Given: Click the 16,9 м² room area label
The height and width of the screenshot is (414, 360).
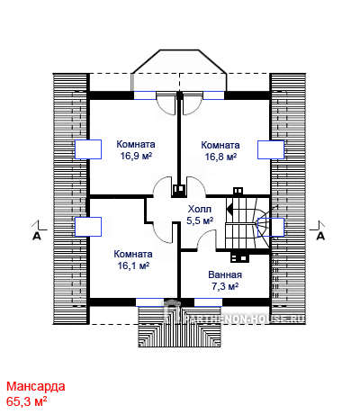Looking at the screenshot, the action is [136, 157].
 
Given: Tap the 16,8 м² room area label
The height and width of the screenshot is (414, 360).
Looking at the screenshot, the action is [220, 157].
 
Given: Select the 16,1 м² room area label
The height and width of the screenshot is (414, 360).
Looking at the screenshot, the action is [133, 265].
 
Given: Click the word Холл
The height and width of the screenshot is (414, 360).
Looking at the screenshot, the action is [200, 209].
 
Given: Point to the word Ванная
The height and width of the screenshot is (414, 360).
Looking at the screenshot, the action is [225, 274].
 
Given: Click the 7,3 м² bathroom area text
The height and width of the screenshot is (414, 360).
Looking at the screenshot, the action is [225, 287].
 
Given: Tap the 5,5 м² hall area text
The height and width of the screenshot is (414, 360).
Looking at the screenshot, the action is [200, 220].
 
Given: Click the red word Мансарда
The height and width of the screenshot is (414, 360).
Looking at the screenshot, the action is [36, 386].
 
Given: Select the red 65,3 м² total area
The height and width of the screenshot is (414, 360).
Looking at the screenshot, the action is [26, 401].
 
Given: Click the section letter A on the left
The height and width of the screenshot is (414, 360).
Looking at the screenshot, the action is [37, 237].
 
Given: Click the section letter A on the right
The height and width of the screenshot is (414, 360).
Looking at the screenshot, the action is [321, 237].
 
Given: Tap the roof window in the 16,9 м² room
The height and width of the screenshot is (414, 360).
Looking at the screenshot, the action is [88, 149].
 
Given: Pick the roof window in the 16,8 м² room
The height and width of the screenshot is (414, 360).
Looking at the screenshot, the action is [271, 149].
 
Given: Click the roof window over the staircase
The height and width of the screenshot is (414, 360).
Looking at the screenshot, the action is [271, 227].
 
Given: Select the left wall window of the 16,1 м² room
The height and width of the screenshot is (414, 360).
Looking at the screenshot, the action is [88, 227].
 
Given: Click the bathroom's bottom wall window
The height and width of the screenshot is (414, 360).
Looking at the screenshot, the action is [208, 302].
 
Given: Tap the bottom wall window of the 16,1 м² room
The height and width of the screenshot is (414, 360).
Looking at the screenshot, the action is [149, 302].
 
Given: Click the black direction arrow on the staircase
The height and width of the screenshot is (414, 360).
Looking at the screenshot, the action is [229, 208].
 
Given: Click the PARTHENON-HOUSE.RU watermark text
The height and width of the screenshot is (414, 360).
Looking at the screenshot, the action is [244, 319].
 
